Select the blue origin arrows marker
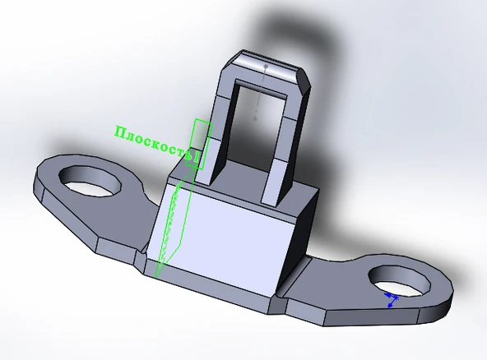392,301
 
